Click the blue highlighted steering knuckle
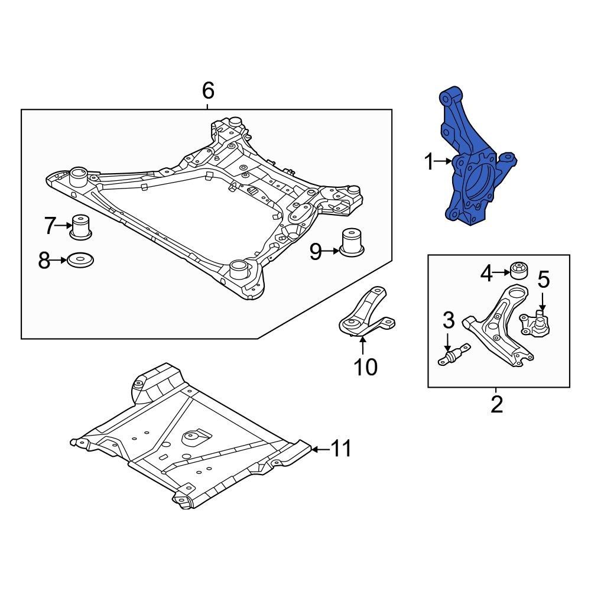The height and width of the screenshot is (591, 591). tap(464, 142)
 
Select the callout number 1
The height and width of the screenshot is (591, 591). tap(430, 161)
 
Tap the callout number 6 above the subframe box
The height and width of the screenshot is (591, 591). tap(207, 91)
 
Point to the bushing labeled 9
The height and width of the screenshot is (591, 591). tap(353, 242)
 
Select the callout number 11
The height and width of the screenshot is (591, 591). tap(340, 449)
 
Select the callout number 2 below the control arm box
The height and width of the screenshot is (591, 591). tap(496, 404)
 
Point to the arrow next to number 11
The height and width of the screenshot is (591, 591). tap(319, 449)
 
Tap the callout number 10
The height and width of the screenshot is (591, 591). tap(365, 367)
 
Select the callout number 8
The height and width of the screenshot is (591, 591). tap(44, 260)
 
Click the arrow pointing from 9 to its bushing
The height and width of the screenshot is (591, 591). tap(332, 252)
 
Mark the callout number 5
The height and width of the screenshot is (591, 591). tap(543, 280)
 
